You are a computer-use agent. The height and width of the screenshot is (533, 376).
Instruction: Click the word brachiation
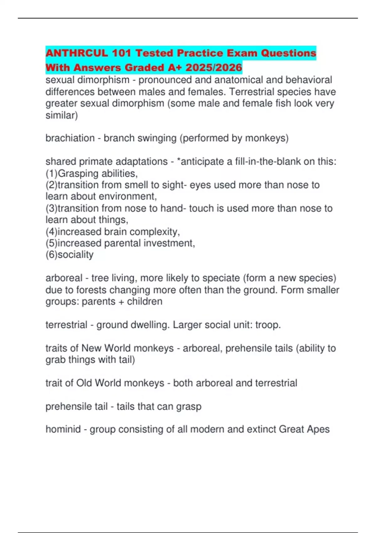(x=70, y=138)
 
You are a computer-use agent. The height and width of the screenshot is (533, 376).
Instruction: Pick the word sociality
(x=76, y=255)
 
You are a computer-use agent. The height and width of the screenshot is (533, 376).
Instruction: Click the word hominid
(x=63, y=429)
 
